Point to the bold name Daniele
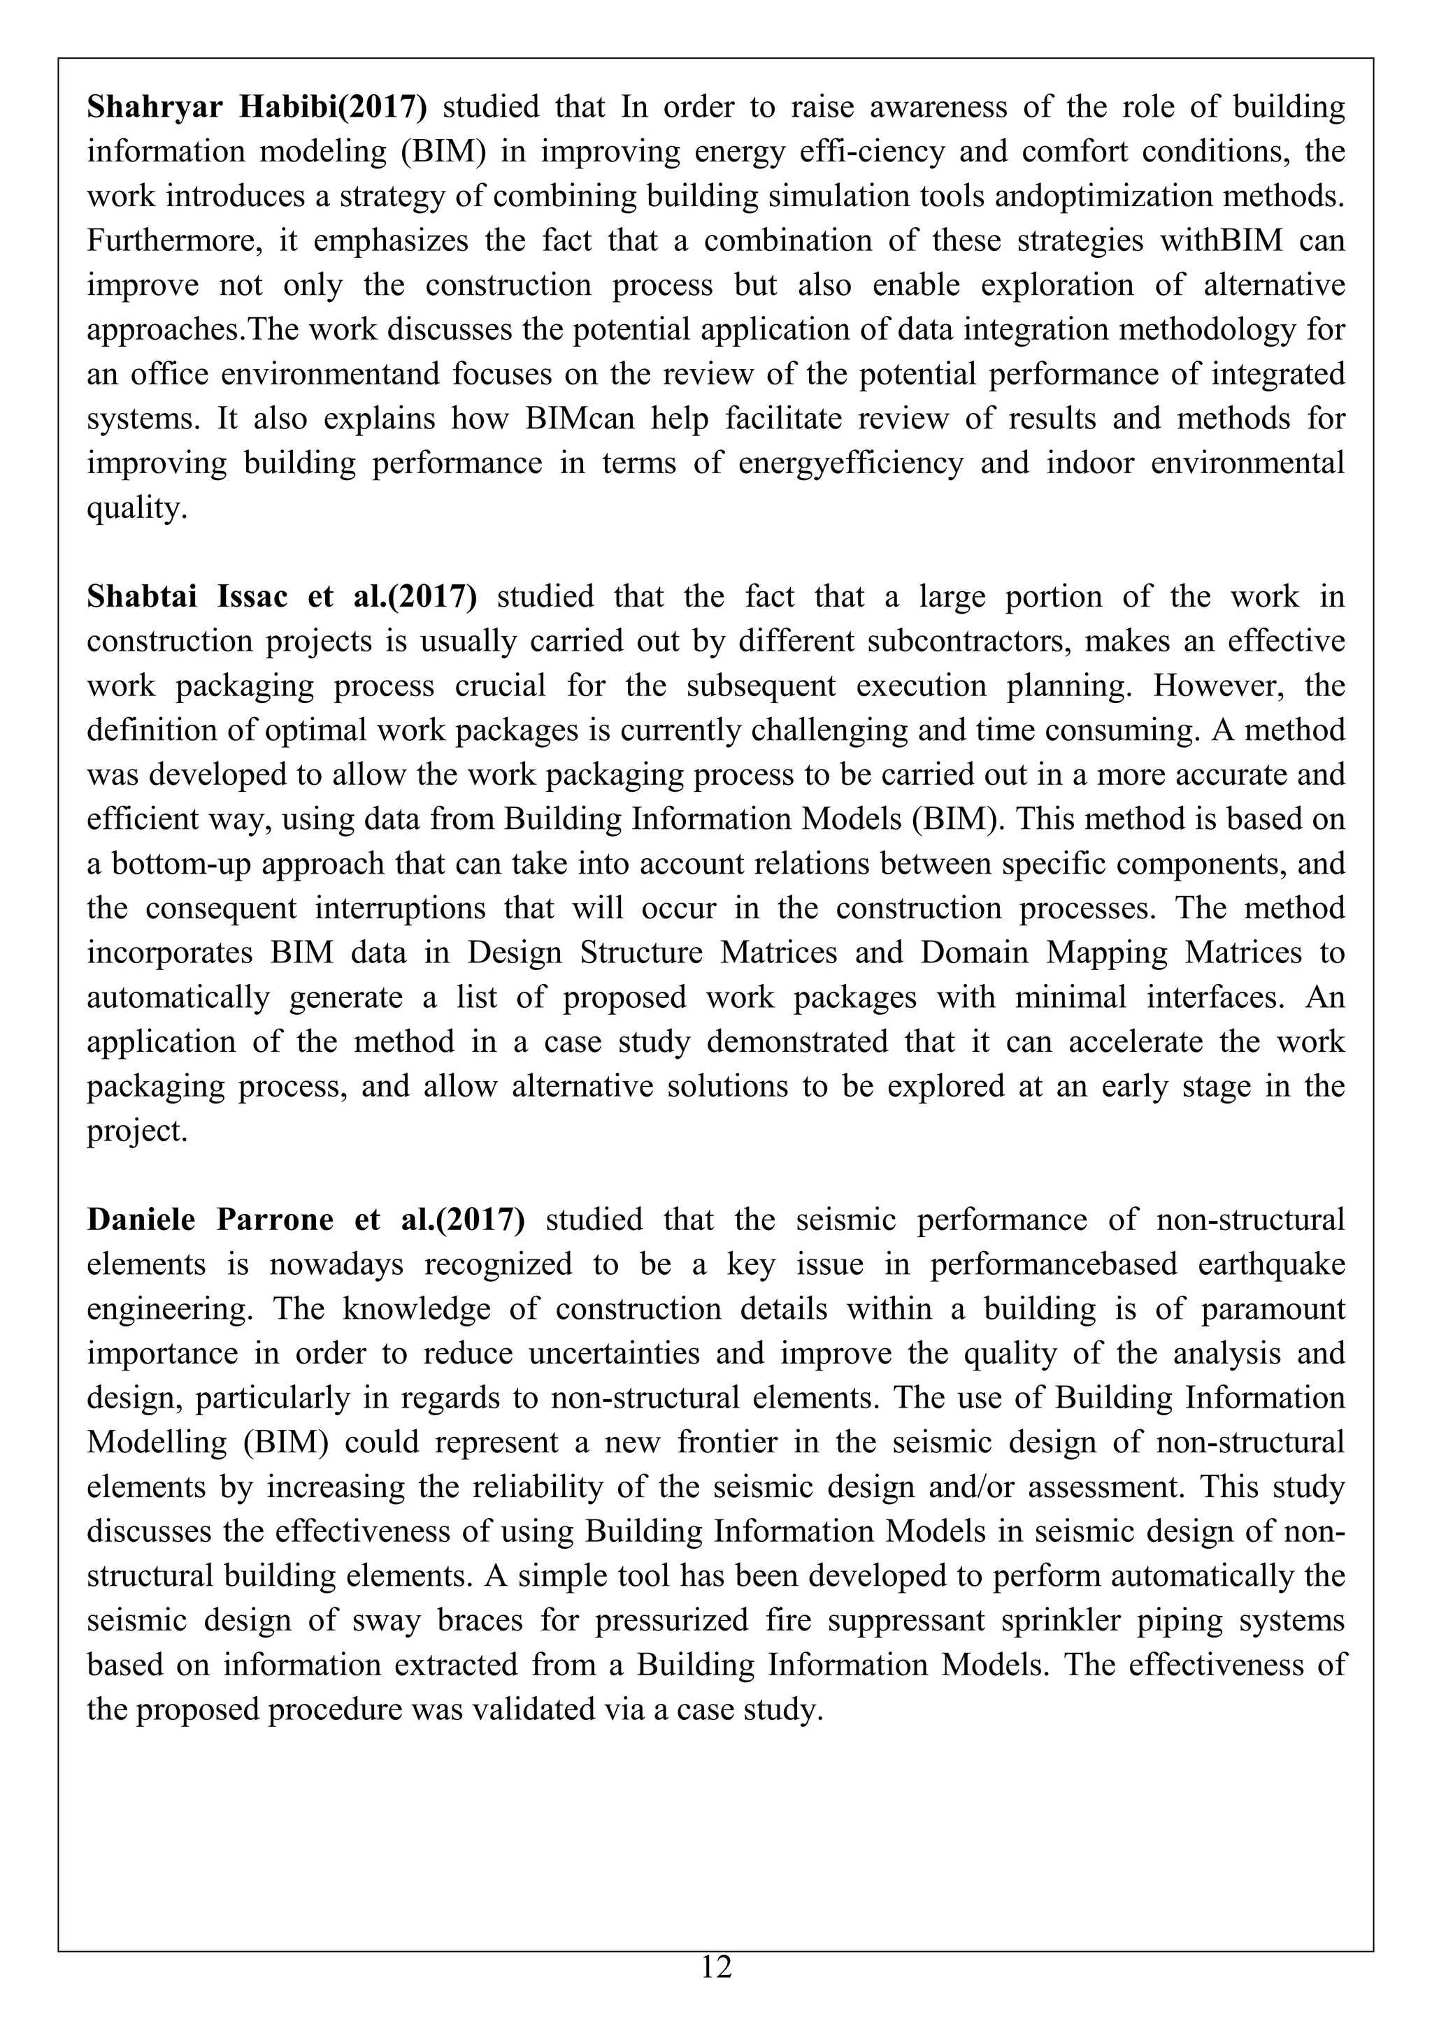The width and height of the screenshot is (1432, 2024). (141, 1220)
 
